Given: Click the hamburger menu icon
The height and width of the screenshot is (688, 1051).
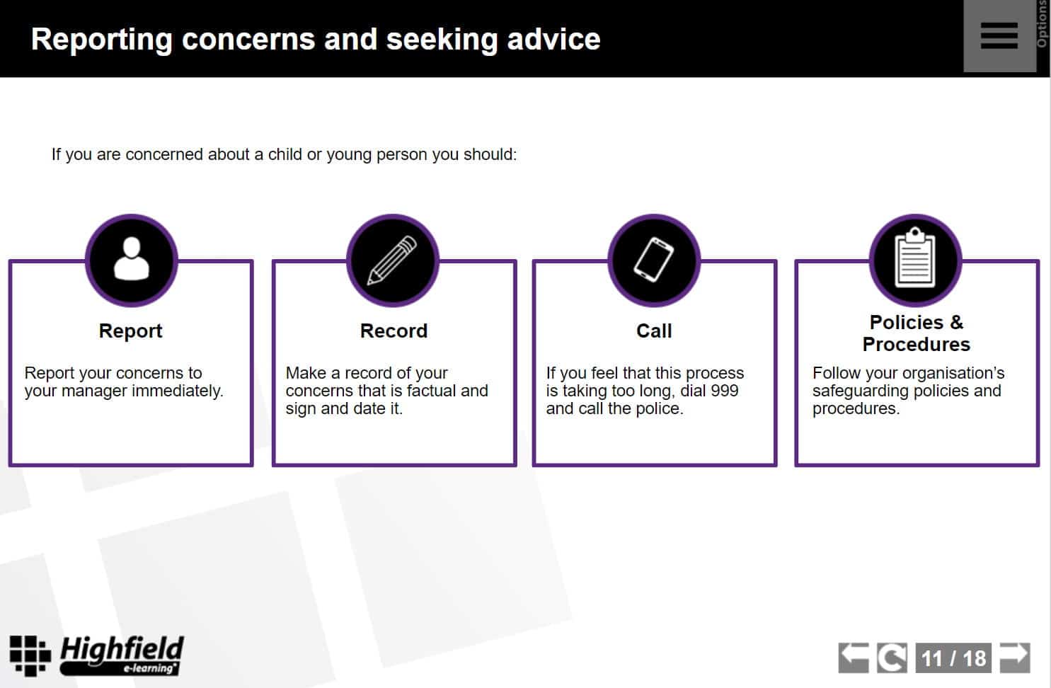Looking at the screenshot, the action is tap(999, 35).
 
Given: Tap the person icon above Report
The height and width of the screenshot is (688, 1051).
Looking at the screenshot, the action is tap(132, 259).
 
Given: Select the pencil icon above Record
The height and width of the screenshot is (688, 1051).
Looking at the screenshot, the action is tap(392, 260).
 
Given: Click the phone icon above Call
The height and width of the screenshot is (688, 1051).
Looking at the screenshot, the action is tap(653, 260).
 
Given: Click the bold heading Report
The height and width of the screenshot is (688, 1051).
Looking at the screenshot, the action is tap(130, 331).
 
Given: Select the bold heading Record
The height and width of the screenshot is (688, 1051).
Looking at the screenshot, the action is tap(394, 331).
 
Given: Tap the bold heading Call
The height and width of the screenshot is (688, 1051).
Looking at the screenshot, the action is tap(654, 331).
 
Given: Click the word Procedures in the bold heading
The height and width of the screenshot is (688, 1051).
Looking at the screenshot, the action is tap(916, 345).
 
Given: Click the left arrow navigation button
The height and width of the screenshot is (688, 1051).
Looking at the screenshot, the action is tap(854, 658).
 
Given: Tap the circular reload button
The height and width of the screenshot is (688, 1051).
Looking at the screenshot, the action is tap(892, 658).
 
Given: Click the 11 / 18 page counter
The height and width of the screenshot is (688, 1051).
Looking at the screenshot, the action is tap(953, 658).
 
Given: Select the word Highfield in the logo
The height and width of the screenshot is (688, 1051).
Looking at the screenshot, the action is tap(122, 650).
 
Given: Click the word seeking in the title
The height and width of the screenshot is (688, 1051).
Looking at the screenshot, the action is tap(442, 40).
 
